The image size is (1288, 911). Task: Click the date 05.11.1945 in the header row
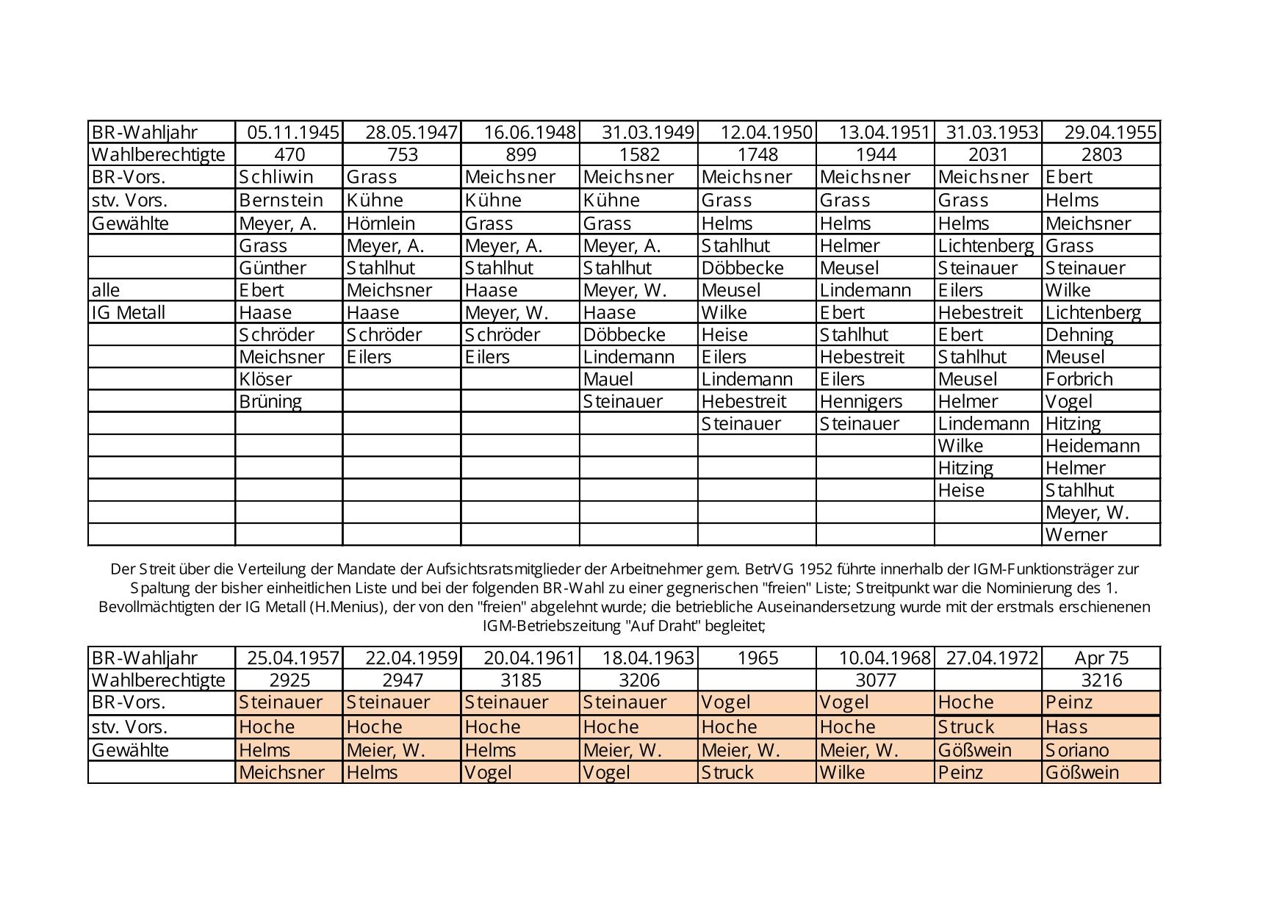(x=292, y=132)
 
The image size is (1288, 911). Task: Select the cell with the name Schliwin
(x=276, y=177)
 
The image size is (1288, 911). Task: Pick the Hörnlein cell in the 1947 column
(x=381, y=223)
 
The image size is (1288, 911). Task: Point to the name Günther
(x=273, y=268)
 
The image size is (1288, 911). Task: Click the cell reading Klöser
(x=265, y=379)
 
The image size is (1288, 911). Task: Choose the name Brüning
(x=270, y=401)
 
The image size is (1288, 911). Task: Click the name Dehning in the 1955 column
(x=1079, y=335)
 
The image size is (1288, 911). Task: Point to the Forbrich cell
(x=1079, y=379)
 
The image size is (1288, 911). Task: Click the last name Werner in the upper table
(x=1076, y=535)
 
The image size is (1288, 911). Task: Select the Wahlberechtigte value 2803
(x=1101, y=154)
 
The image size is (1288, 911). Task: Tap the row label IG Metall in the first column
(x=129, y=312)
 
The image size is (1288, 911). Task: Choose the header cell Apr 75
(x=1101, y=658)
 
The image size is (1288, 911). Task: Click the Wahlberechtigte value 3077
(x=876, y=680)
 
